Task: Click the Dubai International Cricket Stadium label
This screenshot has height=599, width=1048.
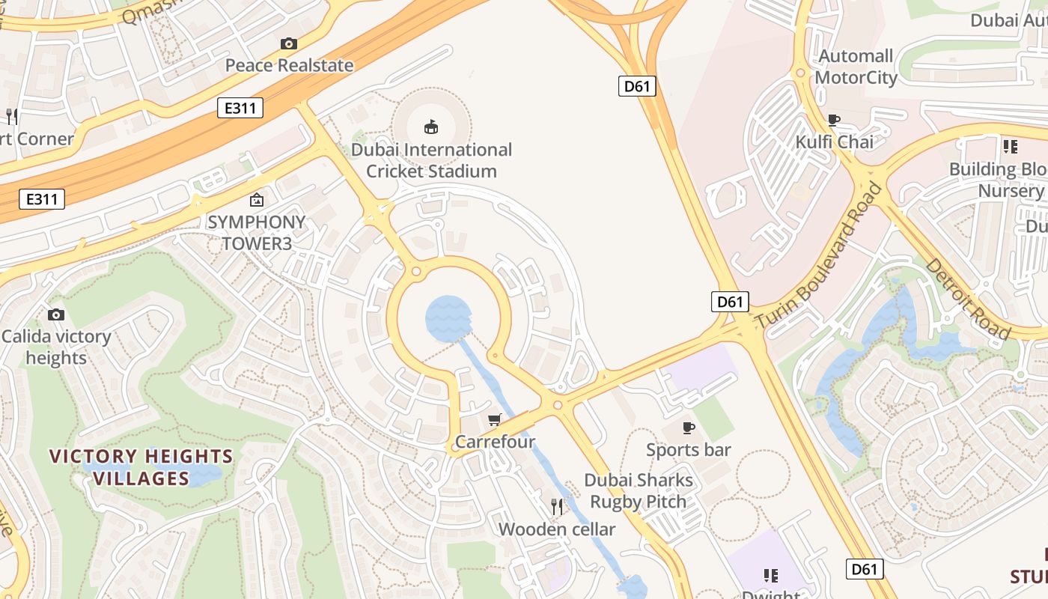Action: [x=431, y=160]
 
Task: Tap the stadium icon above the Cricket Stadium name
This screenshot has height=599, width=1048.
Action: [x=431, y=127]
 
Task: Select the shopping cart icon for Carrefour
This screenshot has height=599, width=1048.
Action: [x=494, y=419]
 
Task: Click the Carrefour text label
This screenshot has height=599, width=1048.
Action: [x=495, y=442]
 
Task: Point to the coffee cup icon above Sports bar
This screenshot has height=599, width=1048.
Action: [x=688, y=428]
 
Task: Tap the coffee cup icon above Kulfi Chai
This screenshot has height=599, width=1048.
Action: [x=834, y=120]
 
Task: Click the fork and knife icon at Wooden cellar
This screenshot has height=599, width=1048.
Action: [x=557, y=507]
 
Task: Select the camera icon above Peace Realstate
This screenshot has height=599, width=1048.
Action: [x=289, y=43]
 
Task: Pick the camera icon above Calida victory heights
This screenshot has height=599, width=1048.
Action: [x=56, y=314]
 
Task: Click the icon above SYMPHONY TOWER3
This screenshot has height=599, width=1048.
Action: [x=257, y=200]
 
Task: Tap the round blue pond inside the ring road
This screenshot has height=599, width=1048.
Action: [x=448, y=318]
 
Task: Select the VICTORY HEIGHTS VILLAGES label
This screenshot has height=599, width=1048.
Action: [x=141, y=467]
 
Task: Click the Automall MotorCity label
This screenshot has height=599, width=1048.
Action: [x=856, y=67]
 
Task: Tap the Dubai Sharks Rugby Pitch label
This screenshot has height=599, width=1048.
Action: [x=639, y=490]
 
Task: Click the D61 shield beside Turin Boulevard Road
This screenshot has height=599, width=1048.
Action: [x=730, y=302]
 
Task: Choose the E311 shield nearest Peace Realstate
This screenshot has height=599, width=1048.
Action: [x=240, y=108]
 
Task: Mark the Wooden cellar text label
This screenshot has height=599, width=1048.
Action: [x=557, y=529]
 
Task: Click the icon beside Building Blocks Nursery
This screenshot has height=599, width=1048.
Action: [x=1011, y=147]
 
